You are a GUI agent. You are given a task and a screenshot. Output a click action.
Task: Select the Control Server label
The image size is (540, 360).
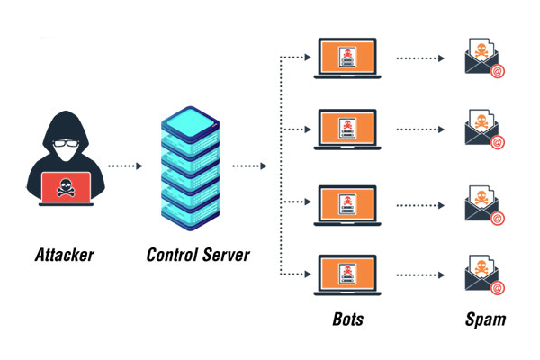197,255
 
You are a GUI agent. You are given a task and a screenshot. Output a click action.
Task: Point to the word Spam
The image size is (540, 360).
485,319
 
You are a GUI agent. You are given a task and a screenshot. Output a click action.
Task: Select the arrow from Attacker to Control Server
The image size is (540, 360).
124,166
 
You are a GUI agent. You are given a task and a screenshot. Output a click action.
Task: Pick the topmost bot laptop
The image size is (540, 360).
346,58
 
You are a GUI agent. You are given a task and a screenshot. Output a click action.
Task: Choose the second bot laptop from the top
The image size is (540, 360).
346,130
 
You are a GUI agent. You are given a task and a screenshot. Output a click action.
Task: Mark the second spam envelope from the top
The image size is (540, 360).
482,131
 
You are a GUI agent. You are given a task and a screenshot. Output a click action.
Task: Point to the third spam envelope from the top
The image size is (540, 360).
482,206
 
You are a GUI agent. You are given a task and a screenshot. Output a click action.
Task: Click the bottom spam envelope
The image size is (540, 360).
482,278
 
